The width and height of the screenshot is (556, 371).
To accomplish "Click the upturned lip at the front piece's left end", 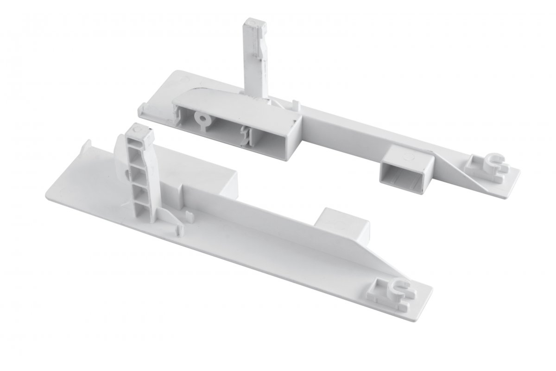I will click(x=88, y=151).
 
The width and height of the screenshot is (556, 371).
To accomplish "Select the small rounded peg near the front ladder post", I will click(x=189, y=216).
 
